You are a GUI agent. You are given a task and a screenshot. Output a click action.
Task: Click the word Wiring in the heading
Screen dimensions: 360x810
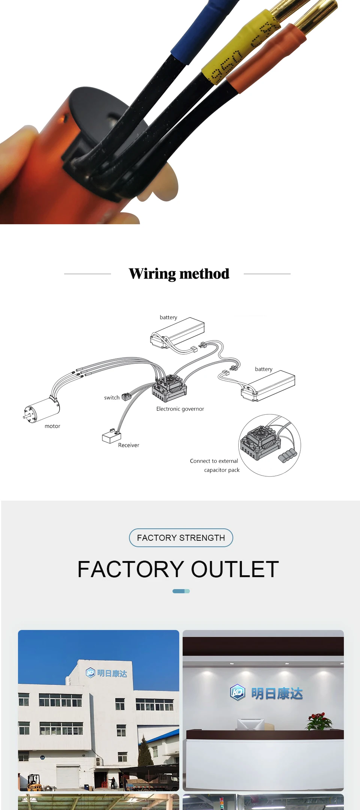152,274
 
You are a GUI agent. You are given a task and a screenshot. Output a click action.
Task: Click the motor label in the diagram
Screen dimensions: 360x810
52,426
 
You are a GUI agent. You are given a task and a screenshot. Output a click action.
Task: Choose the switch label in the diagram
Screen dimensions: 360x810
112,397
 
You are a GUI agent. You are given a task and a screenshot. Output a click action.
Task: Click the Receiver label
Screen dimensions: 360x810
129,445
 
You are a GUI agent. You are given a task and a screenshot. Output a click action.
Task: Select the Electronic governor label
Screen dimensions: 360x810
180,409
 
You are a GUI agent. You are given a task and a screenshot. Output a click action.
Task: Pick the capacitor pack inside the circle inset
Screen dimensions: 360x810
288,454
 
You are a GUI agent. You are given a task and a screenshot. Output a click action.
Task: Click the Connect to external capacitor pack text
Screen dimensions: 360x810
215,465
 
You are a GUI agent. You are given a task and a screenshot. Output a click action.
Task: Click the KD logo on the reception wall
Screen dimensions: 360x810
237,692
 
